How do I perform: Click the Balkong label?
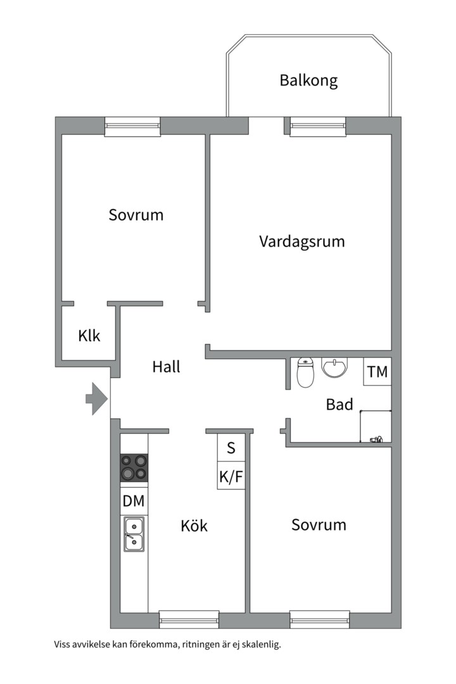tap(308, 80)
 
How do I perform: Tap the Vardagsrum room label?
tap(302, 241)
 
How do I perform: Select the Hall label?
tap(167, 367)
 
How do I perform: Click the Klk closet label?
tap(89, 336)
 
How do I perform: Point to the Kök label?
tap(194, 526)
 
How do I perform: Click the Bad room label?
tap(339, 404)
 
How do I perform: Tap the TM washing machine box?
tap(377, 372)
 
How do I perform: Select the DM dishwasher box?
tap(134, 502)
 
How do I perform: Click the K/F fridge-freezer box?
tap(231, 477)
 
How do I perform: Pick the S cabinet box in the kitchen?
tap(231, 448)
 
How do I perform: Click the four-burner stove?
tap(134, 467)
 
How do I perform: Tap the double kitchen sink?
tap(134, 533)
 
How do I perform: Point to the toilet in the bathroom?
tap(306, 373)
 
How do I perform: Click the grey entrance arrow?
tap(97, 399)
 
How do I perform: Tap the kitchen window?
tap(189, 618)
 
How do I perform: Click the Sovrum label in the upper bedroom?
tap(136, 215)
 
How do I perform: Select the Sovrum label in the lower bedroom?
tap(319, 525)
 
